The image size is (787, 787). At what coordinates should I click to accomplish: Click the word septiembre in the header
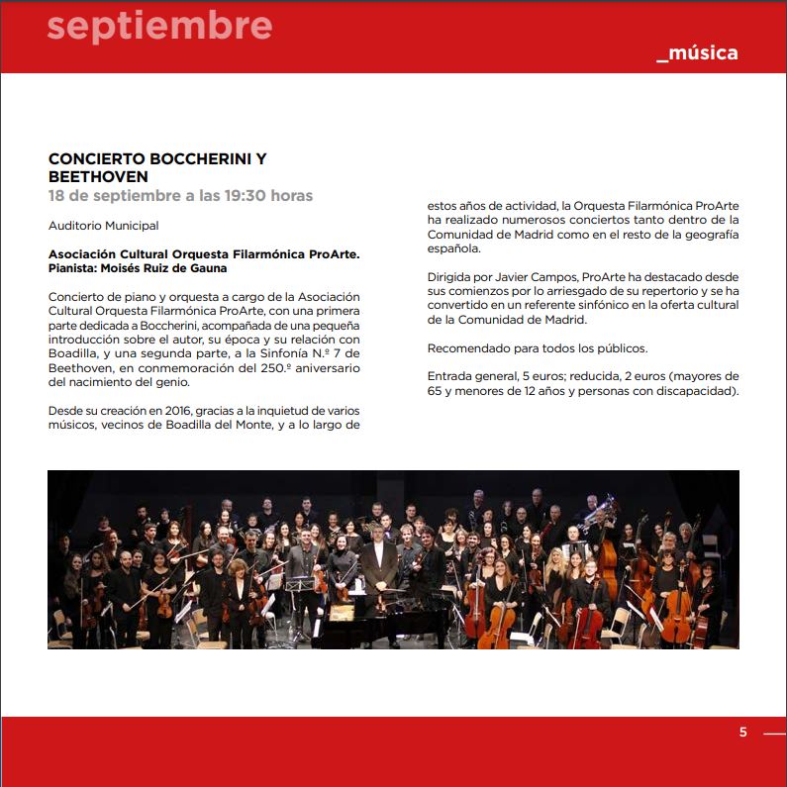coord(159,27)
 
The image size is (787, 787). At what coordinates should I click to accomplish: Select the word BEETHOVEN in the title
coord(98,176)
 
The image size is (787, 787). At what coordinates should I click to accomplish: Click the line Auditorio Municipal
coord(103,226)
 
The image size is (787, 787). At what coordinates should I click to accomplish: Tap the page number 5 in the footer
coord(743,733)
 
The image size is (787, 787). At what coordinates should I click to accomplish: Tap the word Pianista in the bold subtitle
coord(75,267)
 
